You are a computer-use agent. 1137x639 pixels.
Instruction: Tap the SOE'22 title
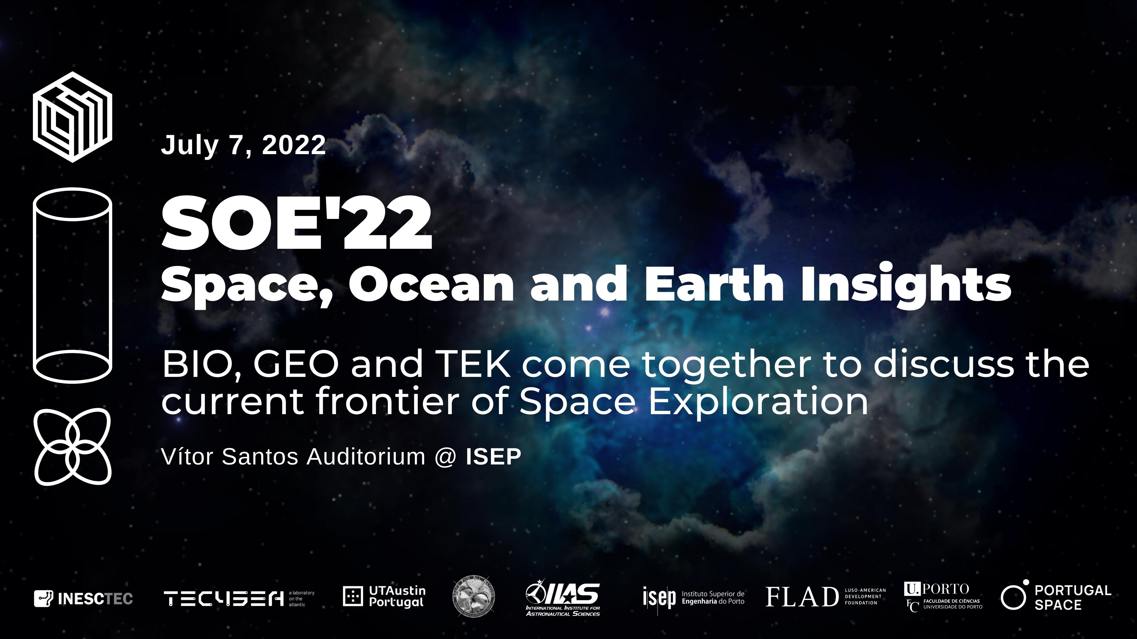(297, 224)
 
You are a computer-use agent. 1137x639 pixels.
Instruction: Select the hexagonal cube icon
(72, 117)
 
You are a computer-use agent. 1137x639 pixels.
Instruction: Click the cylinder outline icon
(72, 285)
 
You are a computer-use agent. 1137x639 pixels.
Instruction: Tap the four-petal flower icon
(72, 447)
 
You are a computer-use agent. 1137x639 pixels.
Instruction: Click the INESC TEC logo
(83, 598)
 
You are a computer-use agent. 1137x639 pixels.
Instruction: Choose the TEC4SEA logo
(238, 598)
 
